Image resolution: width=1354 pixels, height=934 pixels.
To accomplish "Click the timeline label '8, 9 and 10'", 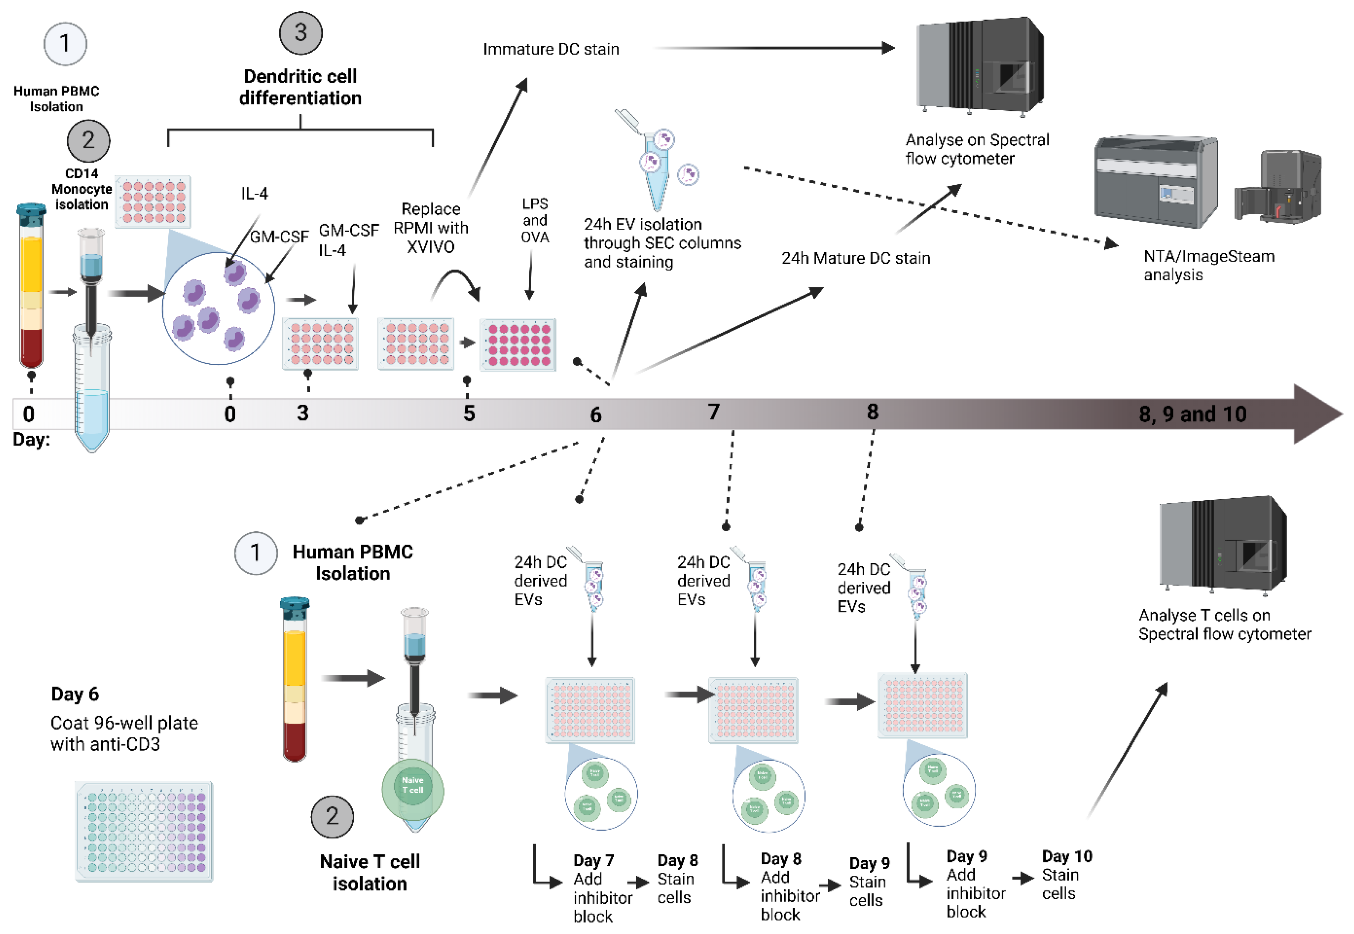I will tap(1192, 414).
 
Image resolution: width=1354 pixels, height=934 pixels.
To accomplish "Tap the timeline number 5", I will tap(469, 413).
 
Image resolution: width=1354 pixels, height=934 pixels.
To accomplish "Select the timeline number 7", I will tap(713, 412).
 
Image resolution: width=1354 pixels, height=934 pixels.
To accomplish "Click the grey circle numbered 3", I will tap(300, 33).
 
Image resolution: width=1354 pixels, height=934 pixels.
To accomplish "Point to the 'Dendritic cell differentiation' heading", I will tap(300, 87).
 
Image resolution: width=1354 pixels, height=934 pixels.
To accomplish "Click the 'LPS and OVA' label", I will tap(535, 221).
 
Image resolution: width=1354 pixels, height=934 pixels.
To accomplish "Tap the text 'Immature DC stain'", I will tap(551, 49).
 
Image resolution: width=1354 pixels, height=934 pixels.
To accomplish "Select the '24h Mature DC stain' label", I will tap(855, 258).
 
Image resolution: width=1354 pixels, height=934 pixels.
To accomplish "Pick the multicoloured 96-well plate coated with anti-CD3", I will tap(144, 831).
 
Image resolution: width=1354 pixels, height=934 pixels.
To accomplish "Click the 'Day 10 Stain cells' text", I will tap(1066, 875).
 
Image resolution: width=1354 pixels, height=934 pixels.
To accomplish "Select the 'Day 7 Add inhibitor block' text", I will tap(602, 888).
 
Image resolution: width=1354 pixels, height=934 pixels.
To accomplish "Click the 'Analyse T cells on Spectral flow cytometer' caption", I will tap(1224, 625).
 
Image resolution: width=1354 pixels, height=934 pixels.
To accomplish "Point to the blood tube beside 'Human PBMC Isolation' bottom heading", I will tap(294, 679).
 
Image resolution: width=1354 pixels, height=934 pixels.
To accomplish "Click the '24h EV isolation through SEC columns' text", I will tap(661, 243).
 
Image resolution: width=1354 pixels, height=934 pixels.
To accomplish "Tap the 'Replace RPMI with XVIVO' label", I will tap(431, 228).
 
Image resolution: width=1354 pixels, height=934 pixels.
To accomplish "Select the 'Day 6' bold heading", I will tap(75, 694).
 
